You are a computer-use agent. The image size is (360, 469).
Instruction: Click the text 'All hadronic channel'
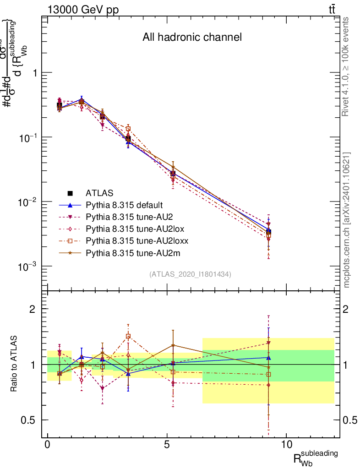pyautogui.click(x=192, y=38)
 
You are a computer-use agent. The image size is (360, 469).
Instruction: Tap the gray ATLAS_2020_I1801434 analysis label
pyautogui.click(x=190, y=274)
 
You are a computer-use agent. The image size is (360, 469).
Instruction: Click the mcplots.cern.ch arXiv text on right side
pyautogui.click(x=347, y=220)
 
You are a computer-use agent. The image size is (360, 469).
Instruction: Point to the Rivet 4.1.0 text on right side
pyautogui.click(x=347, y=66)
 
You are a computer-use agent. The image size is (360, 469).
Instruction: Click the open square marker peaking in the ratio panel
pyautogui.click(x=128, y=336)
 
